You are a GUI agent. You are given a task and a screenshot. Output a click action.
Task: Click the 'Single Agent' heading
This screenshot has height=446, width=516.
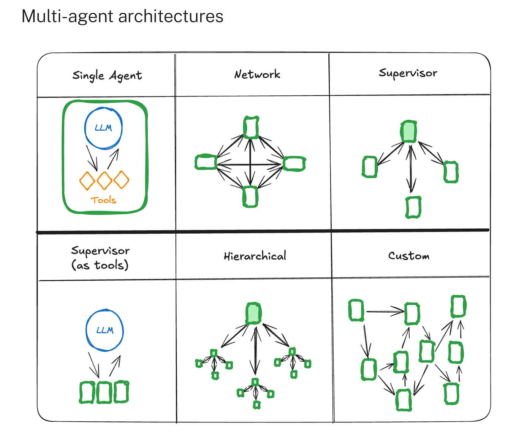pos(107,76)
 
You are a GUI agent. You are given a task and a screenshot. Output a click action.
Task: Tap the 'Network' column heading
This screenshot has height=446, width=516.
pos(257,74)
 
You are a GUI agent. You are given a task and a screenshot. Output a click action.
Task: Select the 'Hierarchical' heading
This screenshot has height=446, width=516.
pos(255,256)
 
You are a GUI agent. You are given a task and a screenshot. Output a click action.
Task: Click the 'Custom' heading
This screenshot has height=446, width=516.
pos(409,256)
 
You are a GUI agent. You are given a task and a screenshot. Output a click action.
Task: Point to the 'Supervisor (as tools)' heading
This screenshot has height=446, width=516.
pos(100,258)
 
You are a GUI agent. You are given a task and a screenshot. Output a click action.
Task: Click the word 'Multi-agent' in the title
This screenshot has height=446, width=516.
pos(67,17)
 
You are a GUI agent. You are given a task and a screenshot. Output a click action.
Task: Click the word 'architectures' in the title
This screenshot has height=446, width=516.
pos(171,17)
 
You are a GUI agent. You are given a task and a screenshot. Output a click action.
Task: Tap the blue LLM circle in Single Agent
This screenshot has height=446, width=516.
pos(103,128)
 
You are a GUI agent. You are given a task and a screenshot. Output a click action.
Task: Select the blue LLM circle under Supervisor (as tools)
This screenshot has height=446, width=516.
pos(104,330)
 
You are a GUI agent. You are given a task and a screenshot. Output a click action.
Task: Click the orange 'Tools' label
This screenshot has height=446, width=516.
pos(103,200)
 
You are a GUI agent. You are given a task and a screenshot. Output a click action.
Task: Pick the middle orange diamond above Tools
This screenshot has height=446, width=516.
pos(104,180)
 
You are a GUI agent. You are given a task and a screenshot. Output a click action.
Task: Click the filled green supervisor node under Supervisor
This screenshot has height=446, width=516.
pos(408,131)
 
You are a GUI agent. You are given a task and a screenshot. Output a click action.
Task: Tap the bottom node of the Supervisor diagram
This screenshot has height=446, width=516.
pos(413,207)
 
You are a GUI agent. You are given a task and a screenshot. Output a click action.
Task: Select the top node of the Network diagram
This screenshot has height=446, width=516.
pos(251,127)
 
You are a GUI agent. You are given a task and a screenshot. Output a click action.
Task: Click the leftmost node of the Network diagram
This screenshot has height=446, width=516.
pos(206,162)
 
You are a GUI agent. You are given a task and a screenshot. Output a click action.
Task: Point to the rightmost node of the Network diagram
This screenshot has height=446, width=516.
pos(294,164)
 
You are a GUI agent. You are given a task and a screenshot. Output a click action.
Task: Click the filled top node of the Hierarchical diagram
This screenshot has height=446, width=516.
pos(253,313)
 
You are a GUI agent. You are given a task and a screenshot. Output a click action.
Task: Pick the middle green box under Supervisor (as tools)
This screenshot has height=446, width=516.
pos(104,392)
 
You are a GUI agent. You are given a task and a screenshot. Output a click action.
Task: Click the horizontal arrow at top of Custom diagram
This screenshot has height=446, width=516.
pos(385,312)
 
